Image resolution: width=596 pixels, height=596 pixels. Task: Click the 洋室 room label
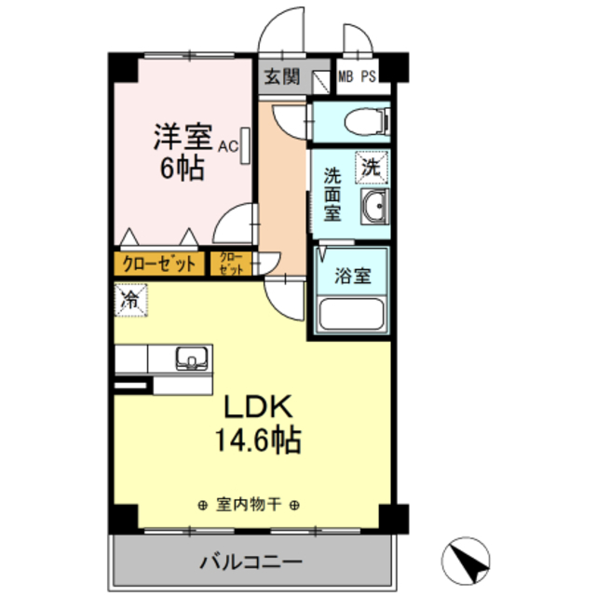[x=183, y=137]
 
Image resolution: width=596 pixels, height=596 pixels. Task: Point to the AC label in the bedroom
[x=228, y=146]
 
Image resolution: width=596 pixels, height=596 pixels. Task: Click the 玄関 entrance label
[x=281, y=76]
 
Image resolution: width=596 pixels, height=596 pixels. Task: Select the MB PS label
[x=357, y=76]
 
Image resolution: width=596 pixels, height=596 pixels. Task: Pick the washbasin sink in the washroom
[x=372, y=208]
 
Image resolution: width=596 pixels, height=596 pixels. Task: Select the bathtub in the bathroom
[x=352, y=315]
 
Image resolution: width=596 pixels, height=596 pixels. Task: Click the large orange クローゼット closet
[x=159, y=264]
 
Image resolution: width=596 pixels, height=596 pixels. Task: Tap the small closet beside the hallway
[x=231, y=264]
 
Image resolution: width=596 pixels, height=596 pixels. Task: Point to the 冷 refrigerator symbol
[x=131, y=300]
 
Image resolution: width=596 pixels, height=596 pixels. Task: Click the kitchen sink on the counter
[x=193, y=357]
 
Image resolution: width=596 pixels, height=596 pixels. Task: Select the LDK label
[x=257, y=407]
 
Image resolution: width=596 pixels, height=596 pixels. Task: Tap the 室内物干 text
[x=249, y=506]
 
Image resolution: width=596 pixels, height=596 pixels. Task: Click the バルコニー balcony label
[x=250, y=562]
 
